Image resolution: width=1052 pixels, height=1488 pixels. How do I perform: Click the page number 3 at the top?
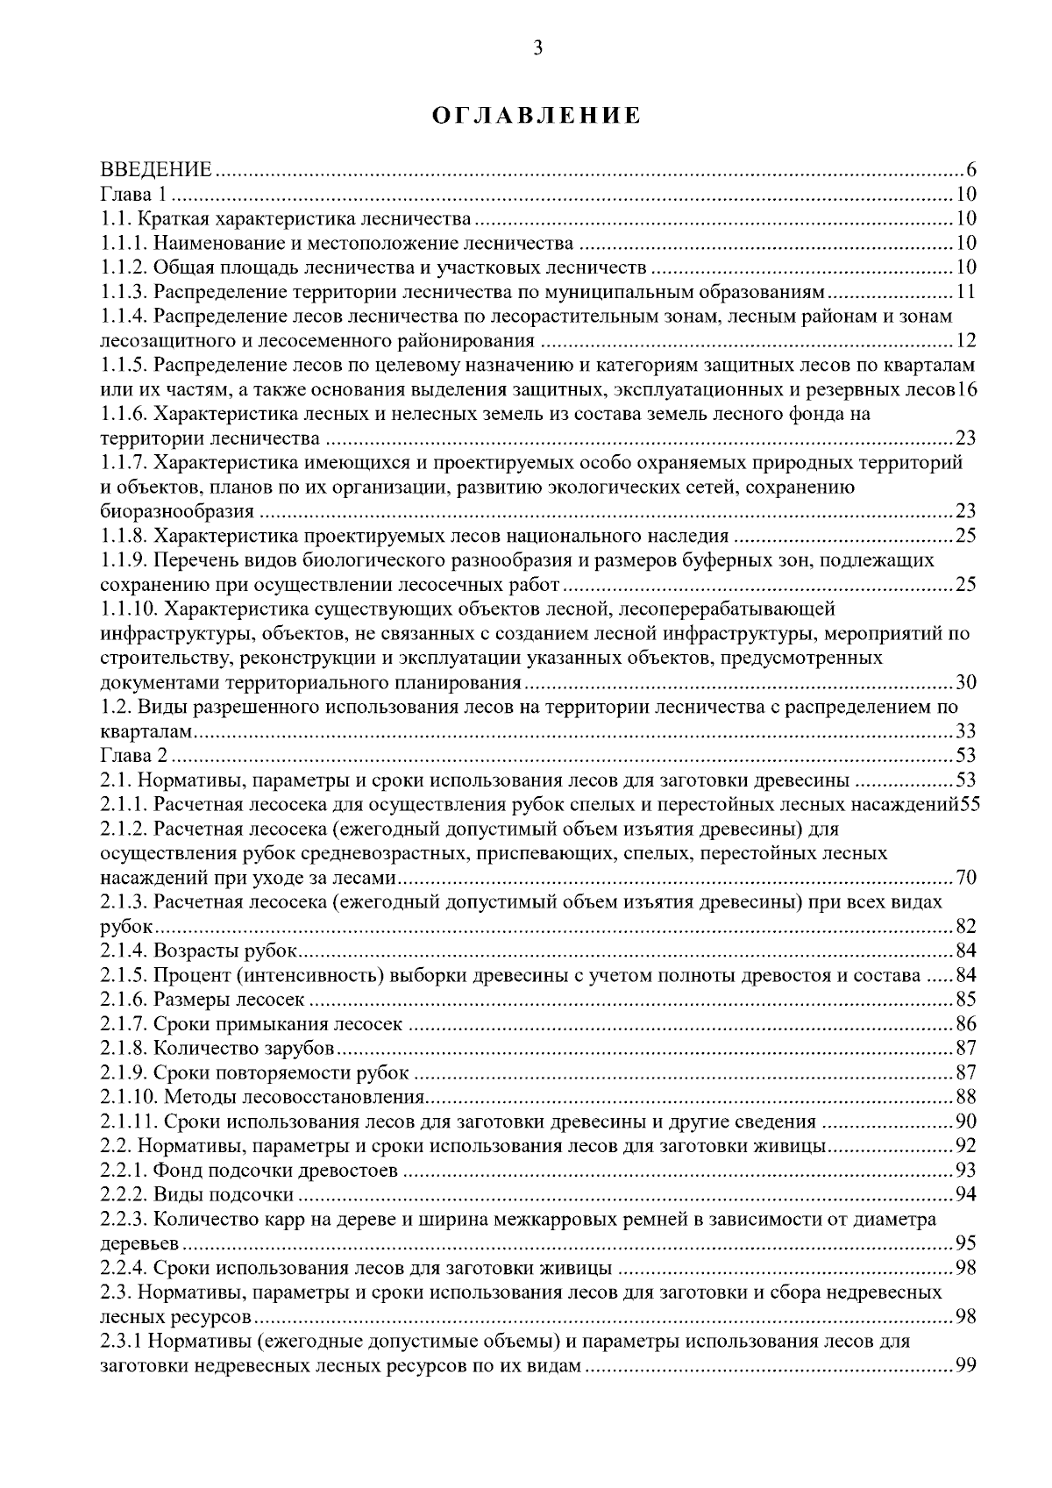pyautogui.click(x=537, y=49)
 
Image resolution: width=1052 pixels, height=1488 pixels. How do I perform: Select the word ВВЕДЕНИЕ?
pyautogui.click(x=157, y=170)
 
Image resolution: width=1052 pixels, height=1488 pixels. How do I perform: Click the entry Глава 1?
pyautogui.click(x=129, y=195)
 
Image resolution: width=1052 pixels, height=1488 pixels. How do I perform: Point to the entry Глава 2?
pyautogui.click(x=129, y=756)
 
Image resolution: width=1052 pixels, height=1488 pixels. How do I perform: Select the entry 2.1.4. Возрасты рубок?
pyautogui.click(x=200, y=951)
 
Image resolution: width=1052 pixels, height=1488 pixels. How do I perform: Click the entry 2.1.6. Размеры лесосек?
pyautogui.click(x=203, y=1000)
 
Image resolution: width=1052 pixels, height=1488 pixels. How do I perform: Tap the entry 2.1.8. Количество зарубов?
pyautogui.click(x=218, y=1049)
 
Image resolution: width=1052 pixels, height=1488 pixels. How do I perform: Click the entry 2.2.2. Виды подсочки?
pyautogui.click(x=197, y=1195)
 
